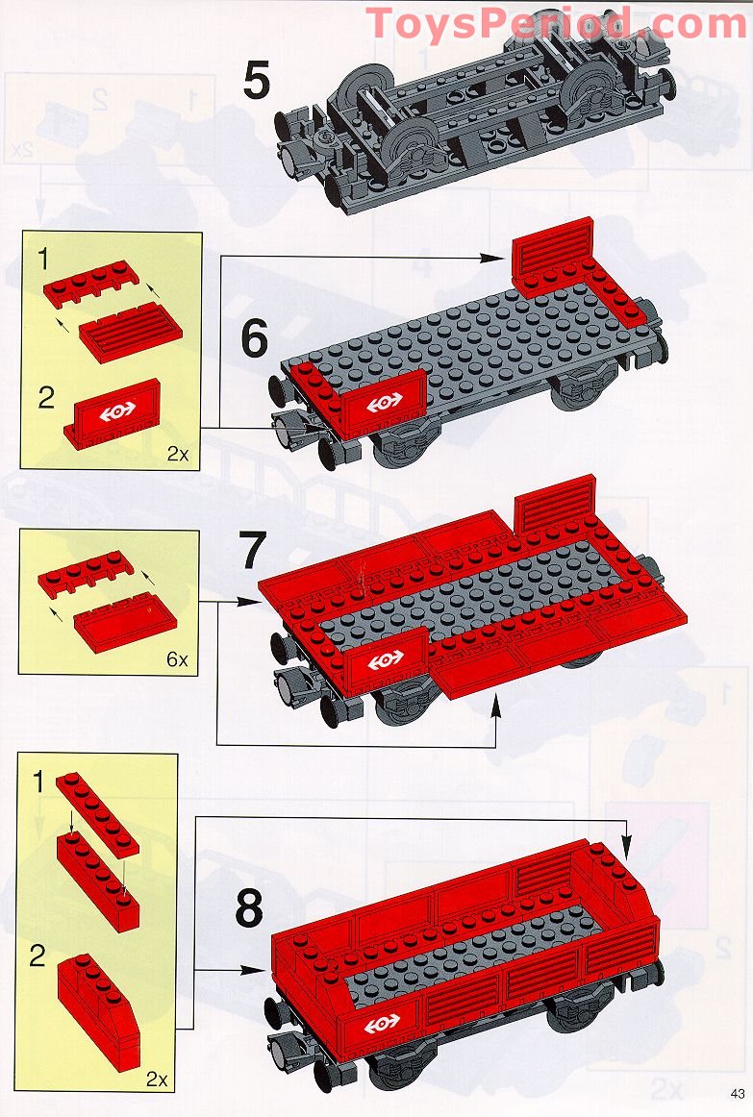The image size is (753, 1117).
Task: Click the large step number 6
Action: [x=254, y=339]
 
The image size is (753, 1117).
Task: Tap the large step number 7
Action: [x=251, y=552]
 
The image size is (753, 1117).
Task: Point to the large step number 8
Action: [x=249, y=908]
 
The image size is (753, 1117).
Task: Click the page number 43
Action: [x=737, y=1094]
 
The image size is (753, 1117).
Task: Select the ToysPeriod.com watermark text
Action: [x=556, y=23]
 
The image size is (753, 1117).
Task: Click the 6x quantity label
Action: [x=177, y=659]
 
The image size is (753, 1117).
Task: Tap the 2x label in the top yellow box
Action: [x=178, y=454]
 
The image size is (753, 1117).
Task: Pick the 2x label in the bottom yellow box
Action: [x=157, y=1080]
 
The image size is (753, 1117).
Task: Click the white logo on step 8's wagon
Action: [x=383, y=1024]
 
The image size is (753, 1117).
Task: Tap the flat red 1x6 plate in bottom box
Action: [x=97, y=813]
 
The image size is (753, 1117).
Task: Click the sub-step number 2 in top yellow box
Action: [x=46, y=398]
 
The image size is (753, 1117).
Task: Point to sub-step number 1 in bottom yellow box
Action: [x=39, y=782]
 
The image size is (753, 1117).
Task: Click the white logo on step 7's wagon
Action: [x=386, y=661]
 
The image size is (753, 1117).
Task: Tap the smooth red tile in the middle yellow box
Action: [x=125, y=622]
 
